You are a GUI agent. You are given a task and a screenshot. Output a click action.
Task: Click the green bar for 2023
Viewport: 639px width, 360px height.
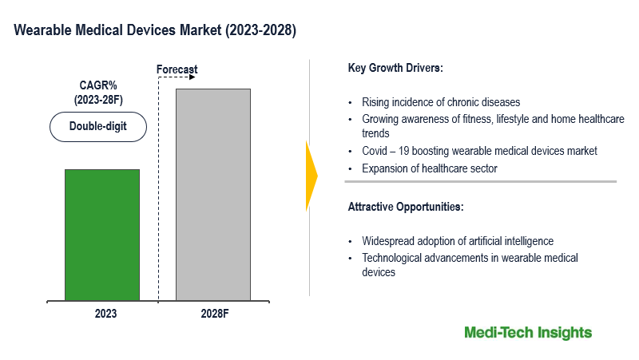coord(102,235)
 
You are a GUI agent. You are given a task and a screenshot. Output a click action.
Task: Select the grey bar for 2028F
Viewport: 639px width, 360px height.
coord(212,195)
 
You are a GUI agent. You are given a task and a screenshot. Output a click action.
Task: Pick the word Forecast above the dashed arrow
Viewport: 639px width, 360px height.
coord(177,70)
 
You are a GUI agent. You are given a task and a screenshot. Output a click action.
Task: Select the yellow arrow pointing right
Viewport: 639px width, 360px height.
coord(312,176)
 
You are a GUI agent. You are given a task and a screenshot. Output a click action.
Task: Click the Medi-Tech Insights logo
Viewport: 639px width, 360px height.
coord(527,332)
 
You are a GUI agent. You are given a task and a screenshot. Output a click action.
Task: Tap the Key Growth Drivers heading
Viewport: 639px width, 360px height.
coord(395,69)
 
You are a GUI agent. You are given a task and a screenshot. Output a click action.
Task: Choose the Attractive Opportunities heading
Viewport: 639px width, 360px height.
coord(405,207)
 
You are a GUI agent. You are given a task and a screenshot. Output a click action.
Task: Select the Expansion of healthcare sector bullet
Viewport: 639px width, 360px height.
coord(430,168)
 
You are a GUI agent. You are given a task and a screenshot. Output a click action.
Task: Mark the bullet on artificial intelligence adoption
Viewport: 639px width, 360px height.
coord(458,241)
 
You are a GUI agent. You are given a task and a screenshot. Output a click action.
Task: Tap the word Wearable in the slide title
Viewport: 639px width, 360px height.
coord(41,32)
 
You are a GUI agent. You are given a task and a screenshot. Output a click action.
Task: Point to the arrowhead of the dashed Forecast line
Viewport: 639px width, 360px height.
coord(193,79)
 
